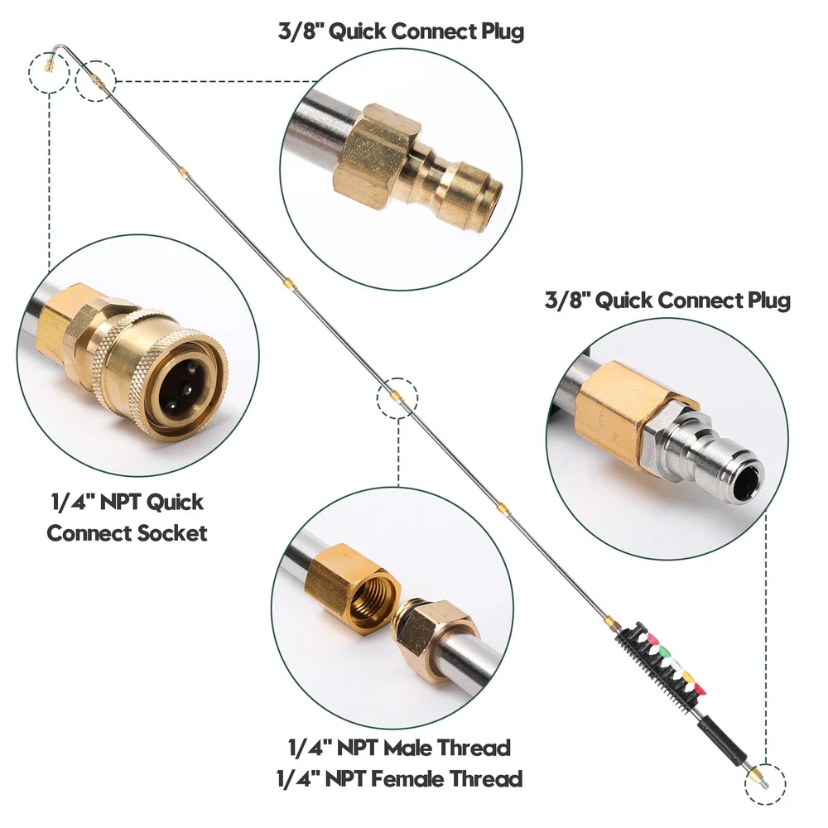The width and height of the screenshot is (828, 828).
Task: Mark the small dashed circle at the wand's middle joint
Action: (397, 398)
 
